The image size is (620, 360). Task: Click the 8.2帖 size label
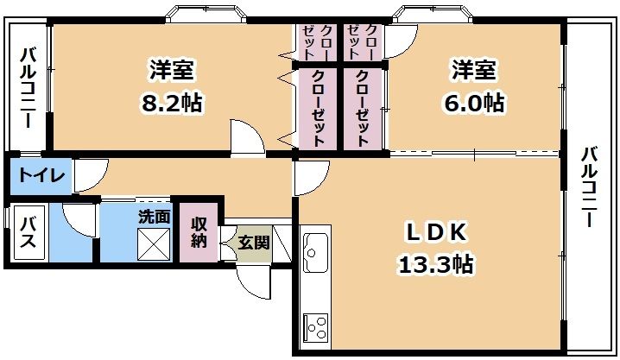point(173,104)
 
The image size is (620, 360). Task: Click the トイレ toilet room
point(39,176)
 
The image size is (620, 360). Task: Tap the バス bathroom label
point(28,231)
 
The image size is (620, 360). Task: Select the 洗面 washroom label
point(155,218)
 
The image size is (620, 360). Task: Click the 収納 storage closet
point(199,231)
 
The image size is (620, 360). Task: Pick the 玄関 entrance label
point(253,242)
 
